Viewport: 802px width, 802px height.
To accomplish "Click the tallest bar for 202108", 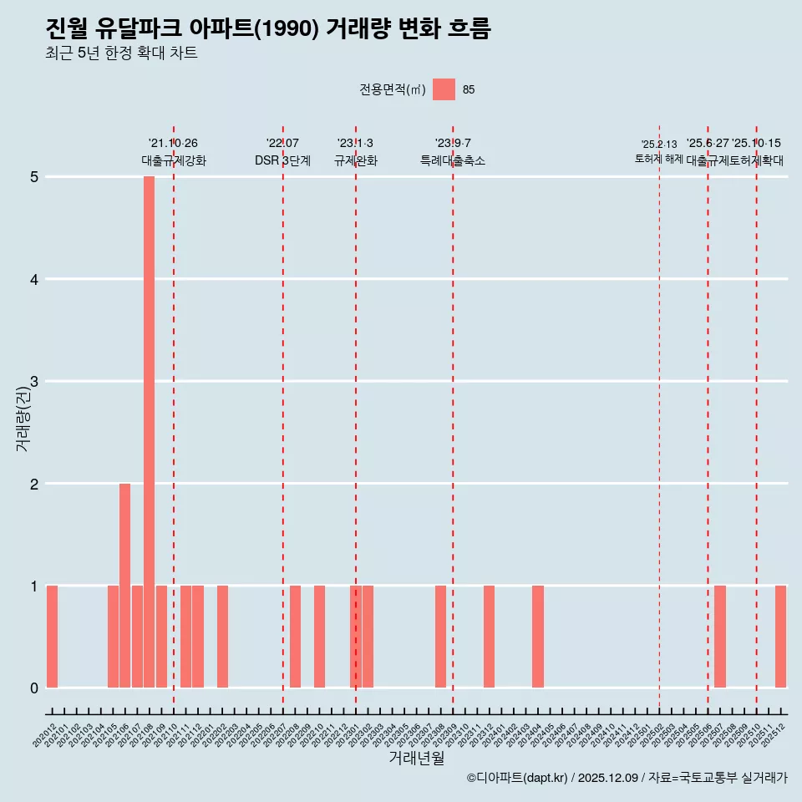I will coord(149,432).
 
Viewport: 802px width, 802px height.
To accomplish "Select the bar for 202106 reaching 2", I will coord(124,585).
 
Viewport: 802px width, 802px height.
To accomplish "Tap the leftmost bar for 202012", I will coord(52,637).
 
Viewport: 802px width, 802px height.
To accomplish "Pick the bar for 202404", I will coord(538,637).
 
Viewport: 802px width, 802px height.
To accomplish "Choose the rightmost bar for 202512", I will coord(780,637).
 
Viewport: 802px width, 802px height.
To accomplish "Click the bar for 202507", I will coord(720,637).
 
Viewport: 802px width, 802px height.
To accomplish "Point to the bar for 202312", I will coord(489,637).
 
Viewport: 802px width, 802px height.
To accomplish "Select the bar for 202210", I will coord(319,637).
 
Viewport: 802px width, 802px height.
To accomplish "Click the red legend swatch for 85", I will coord(444,89).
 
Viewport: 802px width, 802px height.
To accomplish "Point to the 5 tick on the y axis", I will coord(34,177).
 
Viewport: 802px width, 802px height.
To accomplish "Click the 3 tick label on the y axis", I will coord(34,382).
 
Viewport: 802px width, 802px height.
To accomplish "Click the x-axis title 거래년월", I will coord(416,758).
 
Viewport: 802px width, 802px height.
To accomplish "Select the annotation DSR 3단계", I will coord(282,160).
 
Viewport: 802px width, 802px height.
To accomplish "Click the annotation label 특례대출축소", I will coord(452,160).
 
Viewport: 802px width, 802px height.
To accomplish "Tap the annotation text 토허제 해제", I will coord(659,159).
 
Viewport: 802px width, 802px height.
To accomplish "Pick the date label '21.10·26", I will coord(173,144).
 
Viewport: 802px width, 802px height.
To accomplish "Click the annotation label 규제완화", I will coord(355,160).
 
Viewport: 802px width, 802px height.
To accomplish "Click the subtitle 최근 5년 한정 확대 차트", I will coord(121,53).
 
